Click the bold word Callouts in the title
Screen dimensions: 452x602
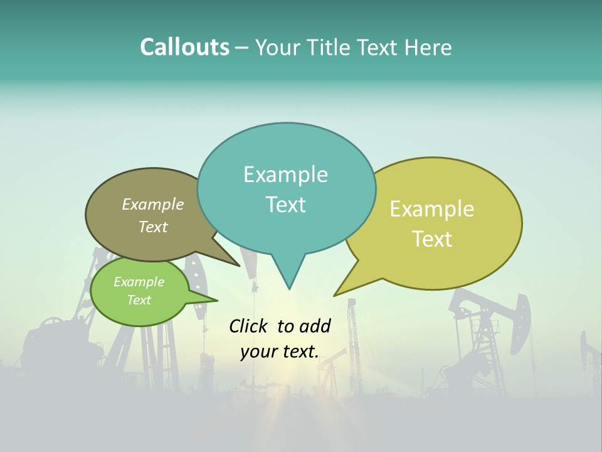tap(184, 47)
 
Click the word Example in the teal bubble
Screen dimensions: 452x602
tap(285, 175)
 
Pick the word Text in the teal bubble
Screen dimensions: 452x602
tap(285, 205)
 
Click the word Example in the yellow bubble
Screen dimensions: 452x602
tap(432, 209)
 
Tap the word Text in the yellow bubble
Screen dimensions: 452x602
tap(432, 239)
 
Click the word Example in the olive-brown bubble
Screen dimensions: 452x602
tap(153, 204)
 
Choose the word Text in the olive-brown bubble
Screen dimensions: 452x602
tap(153, 227)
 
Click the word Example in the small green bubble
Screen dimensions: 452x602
tap(139, 282)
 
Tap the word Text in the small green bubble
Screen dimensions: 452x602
tap(139, 300)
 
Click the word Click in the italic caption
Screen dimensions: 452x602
tap(250, 326)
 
